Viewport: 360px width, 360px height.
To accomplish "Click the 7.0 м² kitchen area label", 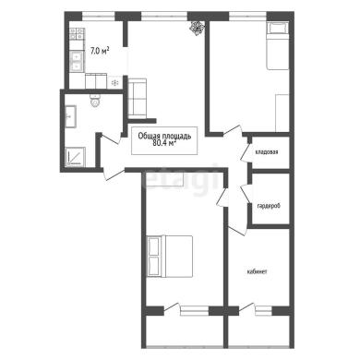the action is pos(100,51).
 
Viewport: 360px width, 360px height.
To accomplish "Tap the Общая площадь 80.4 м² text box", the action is pos(164,140).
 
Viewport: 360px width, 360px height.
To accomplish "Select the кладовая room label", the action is pos(267,151).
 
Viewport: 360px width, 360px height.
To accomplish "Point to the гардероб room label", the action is pos(269,206).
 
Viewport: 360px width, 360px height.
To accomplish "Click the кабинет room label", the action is pos(257,271).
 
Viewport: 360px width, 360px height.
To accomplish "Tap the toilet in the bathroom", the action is pos(95,101).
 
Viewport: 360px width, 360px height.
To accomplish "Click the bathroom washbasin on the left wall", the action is pos(70,116).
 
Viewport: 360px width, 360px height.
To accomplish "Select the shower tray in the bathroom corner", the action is pos(75,157).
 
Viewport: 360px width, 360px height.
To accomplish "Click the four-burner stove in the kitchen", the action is pos(77,34).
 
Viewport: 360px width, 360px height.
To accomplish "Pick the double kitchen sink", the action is pos(77,61).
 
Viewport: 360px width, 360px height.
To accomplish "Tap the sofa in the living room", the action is pos(137,98).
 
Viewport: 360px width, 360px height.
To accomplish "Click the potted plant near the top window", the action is pos(197,28).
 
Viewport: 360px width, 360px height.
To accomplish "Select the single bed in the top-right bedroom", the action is pos(278,46).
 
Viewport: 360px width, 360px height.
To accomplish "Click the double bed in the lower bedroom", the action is pos(170,257).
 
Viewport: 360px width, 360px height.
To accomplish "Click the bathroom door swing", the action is pos(111,138).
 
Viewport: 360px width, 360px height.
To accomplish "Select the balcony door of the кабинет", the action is pos(247,307).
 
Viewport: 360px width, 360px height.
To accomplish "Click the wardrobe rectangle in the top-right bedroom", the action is pos(282,114).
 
